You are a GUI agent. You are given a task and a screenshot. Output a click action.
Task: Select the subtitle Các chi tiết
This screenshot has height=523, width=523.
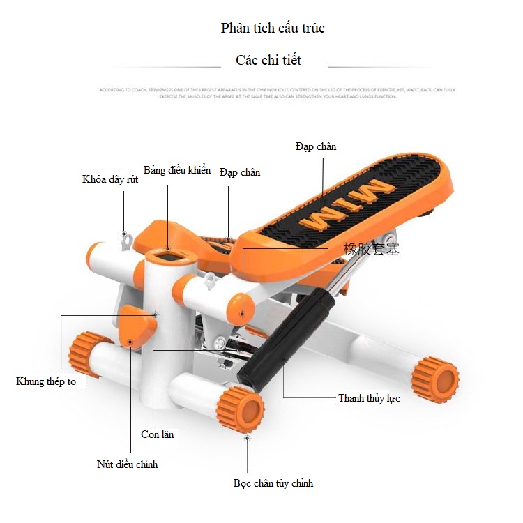tap(268, 60)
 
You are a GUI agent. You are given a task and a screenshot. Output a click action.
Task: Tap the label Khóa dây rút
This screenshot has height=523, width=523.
tap(110, 179)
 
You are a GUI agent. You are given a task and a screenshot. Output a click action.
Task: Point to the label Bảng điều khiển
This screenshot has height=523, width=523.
tap(176, 170)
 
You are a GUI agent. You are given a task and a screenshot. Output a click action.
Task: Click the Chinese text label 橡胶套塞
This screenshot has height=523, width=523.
tap(372, 249)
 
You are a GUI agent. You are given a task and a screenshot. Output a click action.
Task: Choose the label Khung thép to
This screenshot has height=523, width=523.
tap(46, 381)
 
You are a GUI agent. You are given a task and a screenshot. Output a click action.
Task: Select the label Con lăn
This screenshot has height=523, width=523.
tap(158, 434)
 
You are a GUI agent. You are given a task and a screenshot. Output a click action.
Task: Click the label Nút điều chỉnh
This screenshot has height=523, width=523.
tap(127, 464)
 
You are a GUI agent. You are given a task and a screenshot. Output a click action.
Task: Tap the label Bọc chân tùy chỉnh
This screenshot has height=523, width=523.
tap(273, 483)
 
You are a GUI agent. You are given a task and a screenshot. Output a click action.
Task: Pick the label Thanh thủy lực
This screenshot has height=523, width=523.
tap(369, 398)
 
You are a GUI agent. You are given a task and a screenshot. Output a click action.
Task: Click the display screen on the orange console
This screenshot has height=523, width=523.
tap(169, 255)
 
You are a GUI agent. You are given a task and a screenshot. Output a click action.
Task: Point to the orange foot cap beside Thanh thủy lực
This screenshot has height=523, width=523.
tap(434, 381)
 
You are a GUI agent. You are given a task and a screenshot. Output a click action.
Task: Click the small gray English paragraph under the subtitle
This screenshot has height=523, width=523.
tap(277, 93)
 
